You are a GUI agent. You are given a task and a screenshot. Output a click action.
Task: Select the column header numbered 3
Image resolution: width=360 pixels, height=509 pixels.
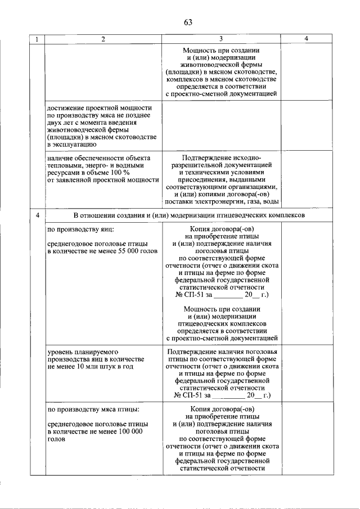coord(220,39)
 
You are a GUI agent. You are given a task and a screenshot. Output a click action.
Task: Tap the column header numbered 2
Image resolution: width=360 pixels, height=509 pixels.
coord(102,39)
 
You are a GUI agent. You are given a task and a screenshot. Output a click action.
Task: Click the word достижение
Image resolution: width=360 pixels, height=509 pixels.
coord(66,108)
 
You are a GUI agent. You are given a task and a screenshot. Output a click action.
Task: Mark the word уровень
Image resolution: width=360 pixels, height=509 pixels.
coord(61,352)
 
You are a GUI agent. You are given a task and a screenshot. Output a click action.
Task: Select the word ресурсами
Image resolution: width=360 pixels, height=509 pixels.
coord(64,173)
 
